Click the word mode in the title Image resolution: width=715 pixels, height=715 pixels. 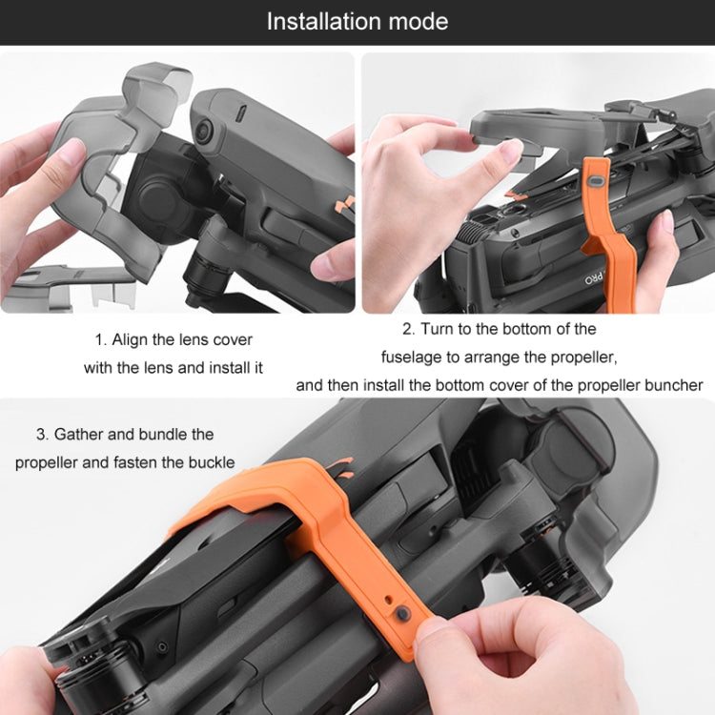pyautogui.click(x=419, y=21)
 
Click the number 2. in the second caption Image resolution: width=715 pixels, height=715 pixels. pyautogui.click(x=408, y=329)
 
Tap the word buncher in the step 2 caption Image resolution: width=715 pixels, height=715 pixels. pyautogui.click(x=671, y=385)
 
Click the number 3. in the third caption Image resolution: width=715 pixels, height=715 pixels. pyautogui.click(x=43, y=434)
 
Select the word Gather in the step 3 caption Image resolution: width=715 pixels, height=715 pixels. pyautogui.click(x=80, y=434)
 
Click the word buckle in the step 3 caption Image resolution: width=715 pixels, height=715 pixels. pyautogui.click(x=212, y=462)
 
